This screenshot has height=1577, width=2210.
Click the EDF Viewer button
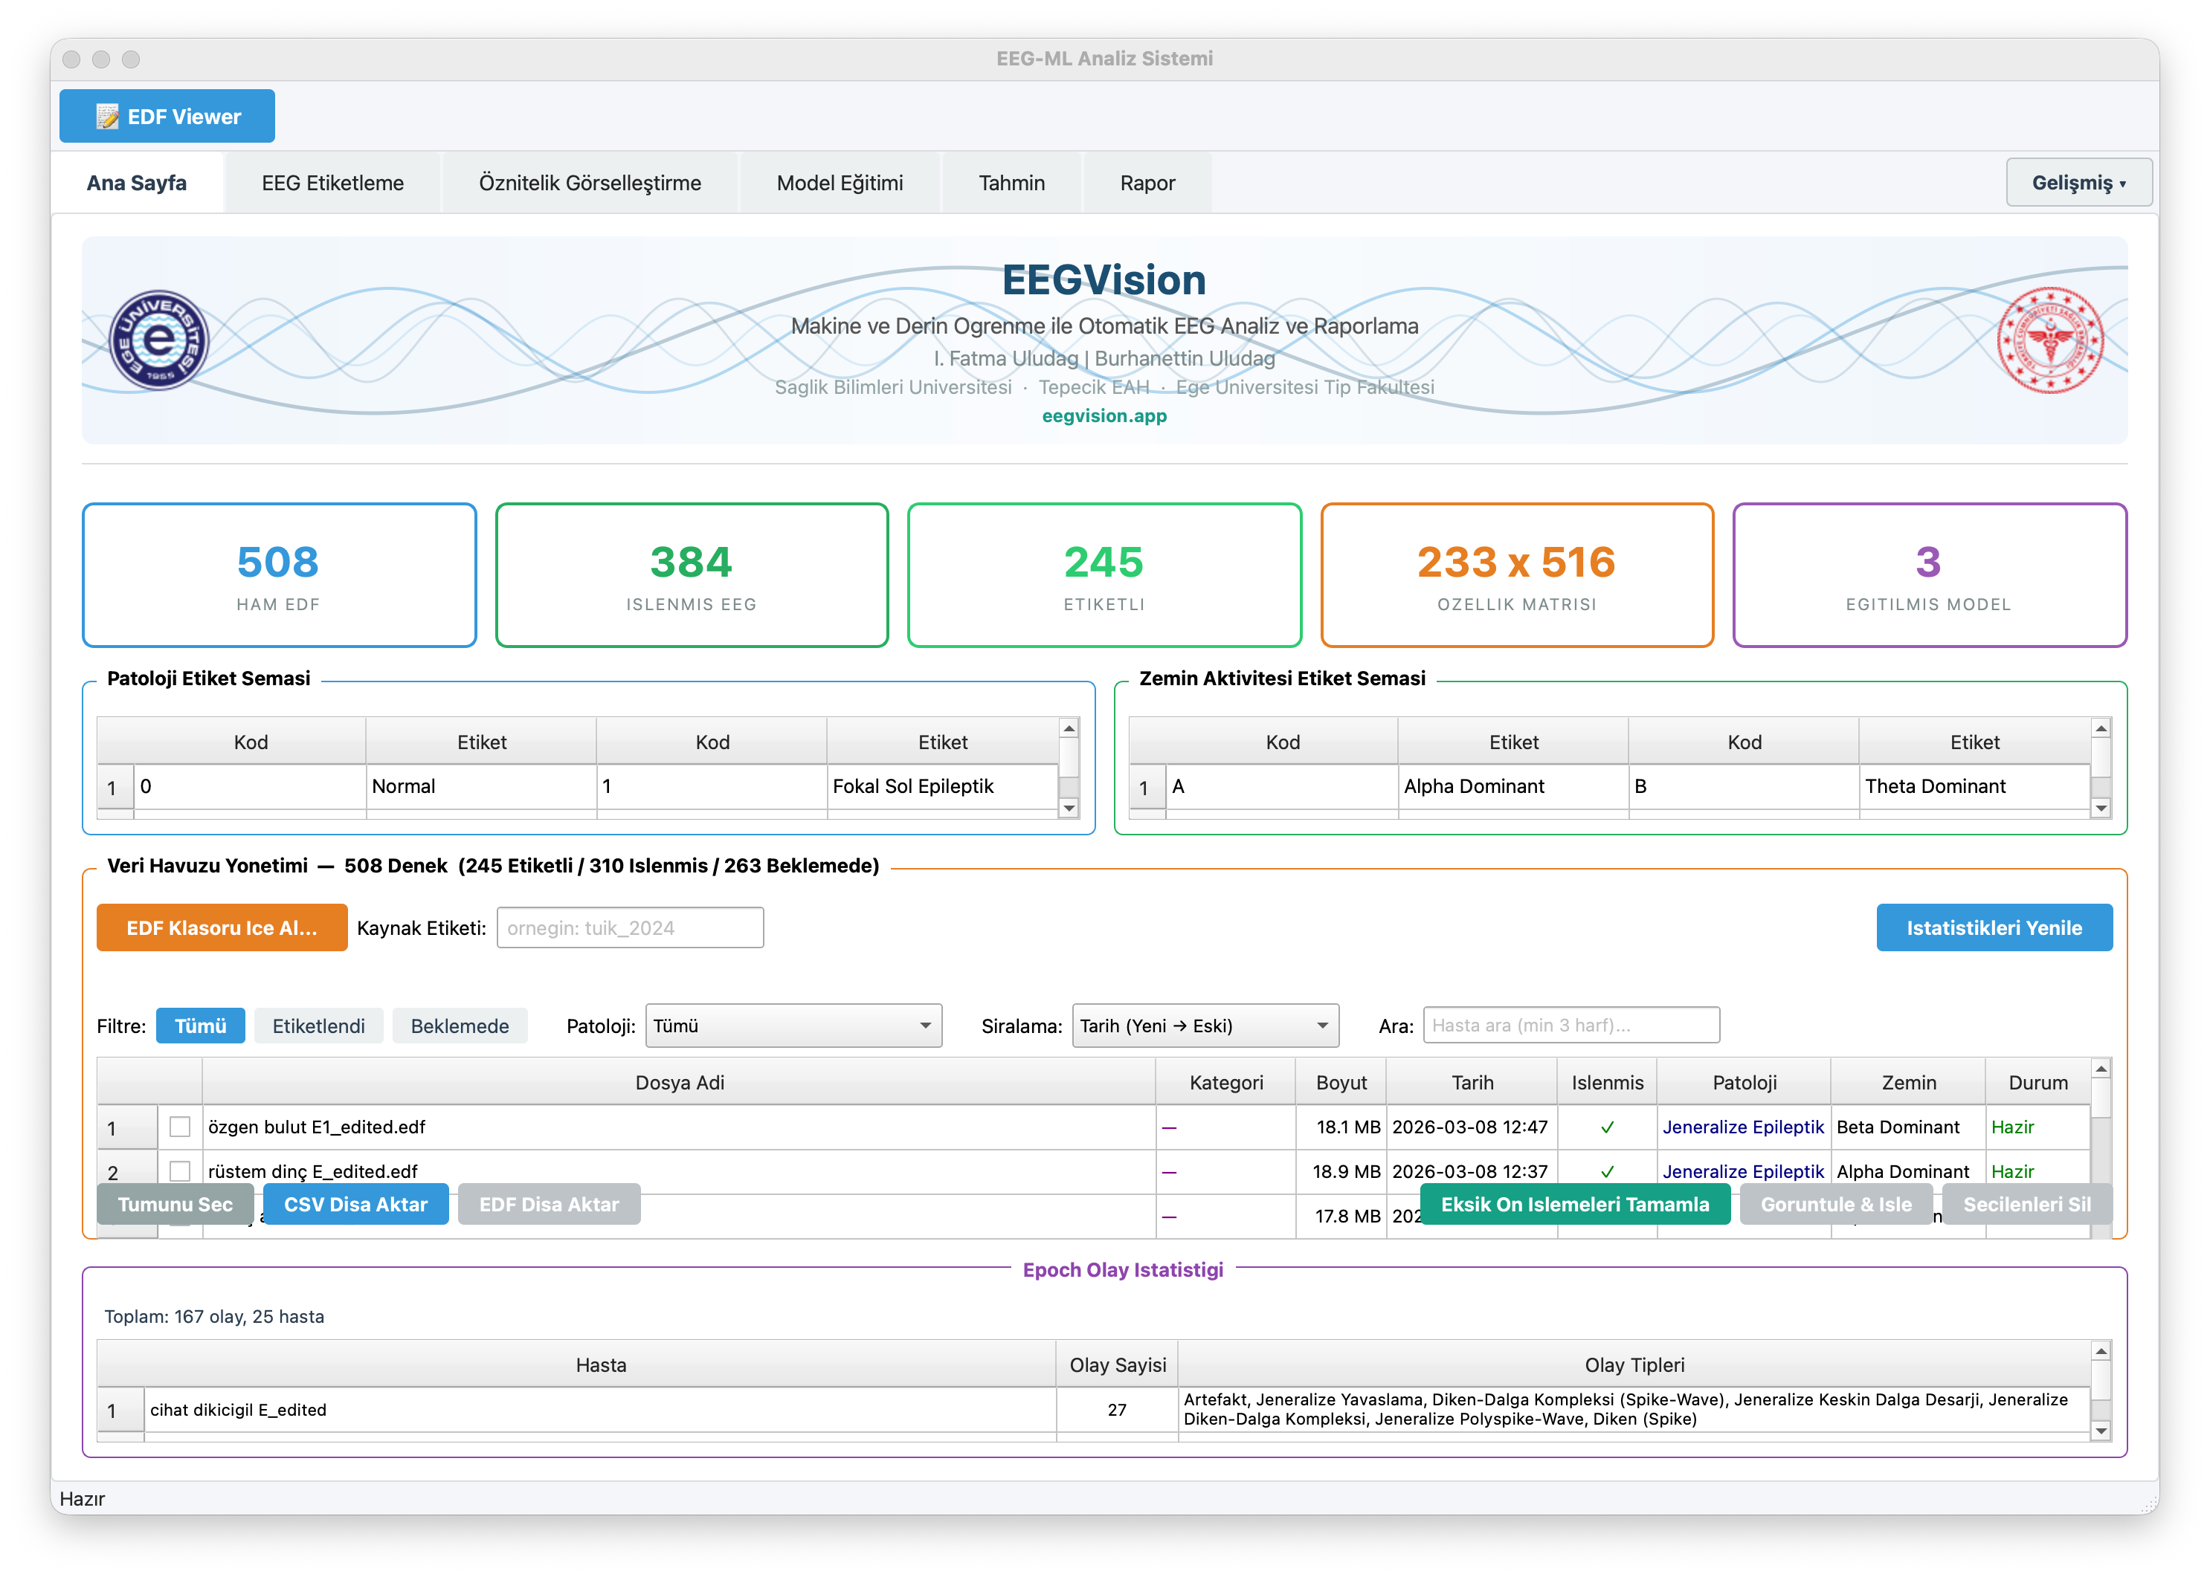[x=167, y=117]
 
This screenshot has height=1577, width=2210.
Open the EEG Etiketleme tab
[x=332, y=184]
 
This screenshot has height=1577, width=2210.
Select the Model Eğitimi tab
[x=840, y=184]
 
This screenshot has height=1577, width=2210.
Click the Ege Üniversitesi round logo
[x=158, y=340]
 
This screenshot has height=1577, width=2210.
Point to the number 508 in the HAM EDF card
[x=278, y=563]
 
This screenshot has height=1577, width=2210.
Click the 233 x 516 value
[x=1515, y=563]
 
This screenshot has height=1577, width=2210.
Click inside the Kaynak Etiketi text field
[x=630, y=928]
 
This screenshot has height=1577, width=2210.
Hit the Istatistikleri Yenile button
[x=1994, y=928]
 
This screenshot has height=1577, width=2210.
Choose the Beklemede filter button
[x=460, y=1026]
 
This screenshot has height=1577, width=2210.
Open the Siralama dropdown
[x=1205, y=1026]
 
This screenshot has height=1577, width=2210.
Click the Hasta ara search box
[x=1570, y=1026]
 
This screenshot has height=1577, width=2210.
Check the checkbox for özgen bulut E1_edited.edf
[x=180, y=1127]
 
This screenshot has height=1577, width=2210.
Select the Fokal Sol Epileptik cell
[x=941, y=786]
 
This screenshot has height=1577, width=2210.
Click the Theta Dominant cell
[x=1973, y=786]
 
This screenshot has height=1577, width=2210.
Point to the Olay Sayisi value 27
[x=1117, y=1410]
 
